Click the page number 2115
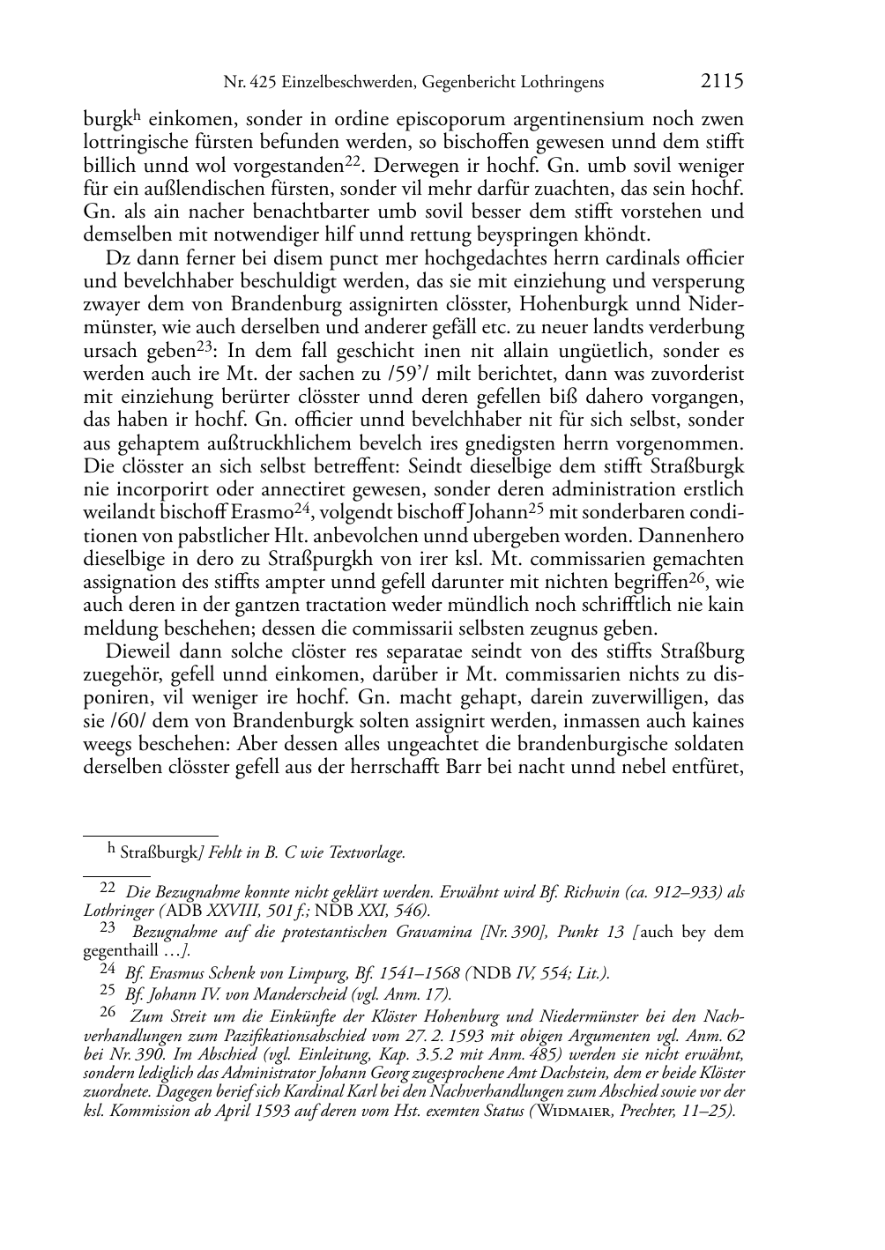723,82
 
